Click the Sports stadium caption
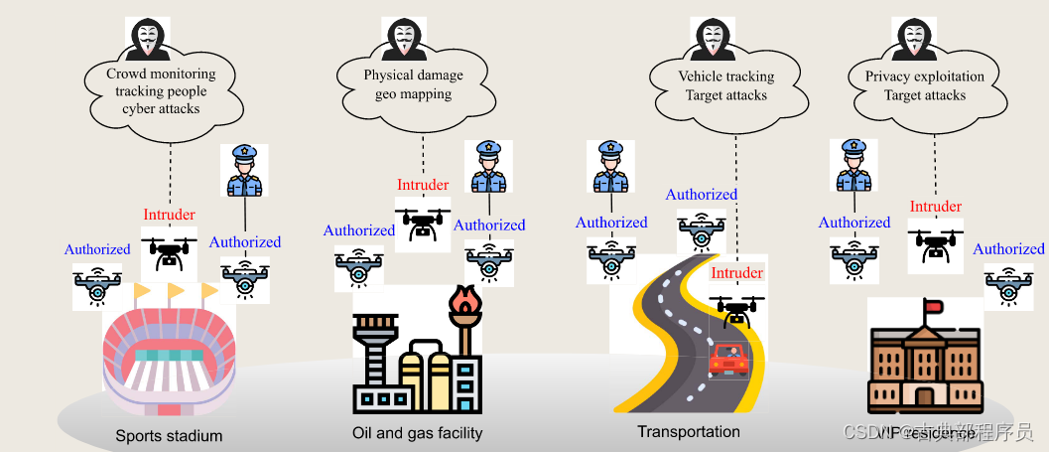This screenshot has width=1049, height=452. [169, 435]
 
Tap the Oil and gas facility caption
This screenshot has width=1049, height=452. [417, 432]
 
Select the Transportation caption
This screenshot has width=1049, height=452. [689, 431]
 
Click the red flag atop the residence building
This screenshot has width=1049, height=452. [931, 308]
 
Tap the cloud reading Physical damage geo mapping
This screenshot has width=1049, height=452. [413, 84]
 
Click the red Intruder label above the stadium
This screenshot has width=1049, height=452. [169, 215]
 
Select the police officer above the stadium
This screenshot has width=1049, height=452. [244, 172]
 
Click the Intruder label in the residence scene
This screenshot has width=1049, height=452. [935, 207]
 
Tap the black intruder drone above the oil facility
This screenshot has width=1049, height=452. [422, 223]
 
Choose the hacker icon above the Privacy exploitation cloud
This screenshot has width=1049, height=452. [914, 37]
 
